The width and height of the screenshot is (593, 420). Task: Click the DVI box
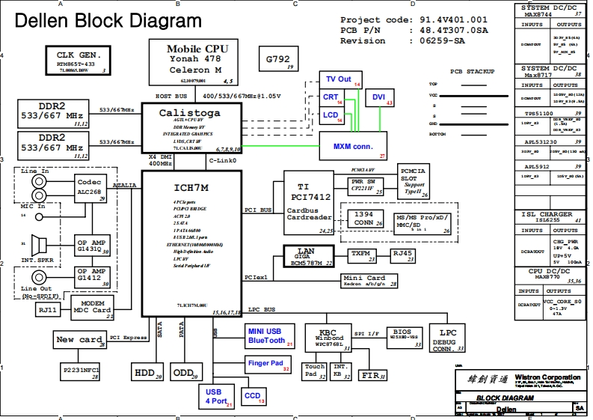(378, 97)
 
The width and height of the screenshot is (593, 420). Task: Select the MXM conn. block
(353, 146)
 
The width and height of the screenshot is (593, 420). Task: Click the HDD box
(147, 372)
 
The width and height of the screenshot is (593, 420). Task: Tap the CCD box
(254, 396)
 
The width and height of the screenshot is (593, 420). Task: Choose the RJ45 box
(403, 255)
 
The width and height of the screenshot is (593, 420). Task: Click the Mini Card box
(370, 280)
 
